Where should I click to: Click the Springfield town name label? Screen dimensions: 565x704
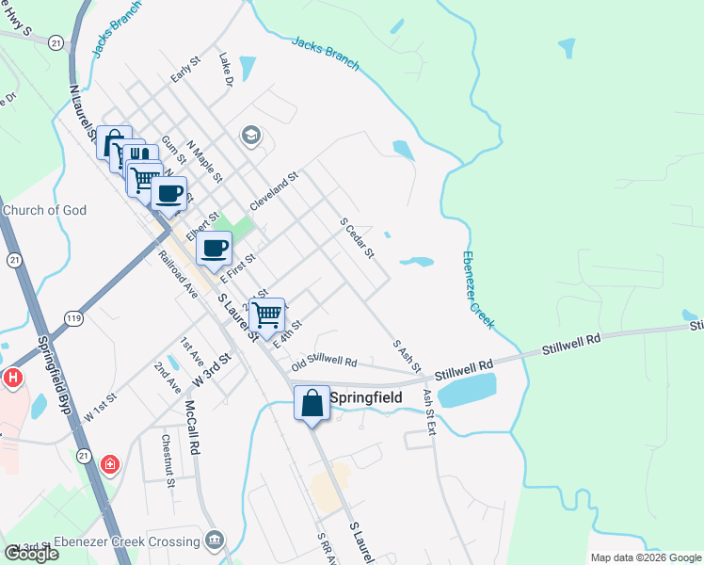(x=365, y=398)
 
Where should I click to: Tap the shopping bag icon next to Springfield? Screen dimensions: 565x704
(x=312, y=402)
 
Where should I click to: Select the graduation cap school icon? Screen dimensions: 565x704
(x=250, y=137)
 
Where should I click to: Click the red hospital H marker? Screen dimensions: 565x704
(x=12, y=379)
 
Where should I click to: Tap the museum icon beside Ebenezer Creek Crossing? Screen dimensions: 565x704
(x=216, y=540)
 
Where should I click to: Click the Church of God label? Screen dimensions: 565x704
(x=43, y=210)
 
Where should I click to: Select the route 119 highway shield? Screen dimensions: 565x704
(x=73, y=319)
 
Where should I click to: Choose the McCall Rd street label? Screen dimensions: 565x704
(x=191, y=425)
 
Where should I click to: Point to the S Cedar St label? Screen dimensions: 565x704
(x=358, y=237)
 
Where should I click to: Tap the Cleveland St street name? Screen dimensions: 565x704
(x=274, y=190)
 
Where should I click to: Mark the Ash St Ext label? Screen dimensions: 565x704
(x=430, y=412)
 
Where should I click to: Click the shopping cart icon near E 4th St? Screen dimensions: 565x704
(x=267, y=314)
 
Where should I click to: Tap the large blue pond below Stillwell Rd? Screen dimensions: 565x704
(x=467, y=389)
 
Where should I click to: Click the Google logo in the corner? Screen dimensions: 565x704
(x=32, y=554)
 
